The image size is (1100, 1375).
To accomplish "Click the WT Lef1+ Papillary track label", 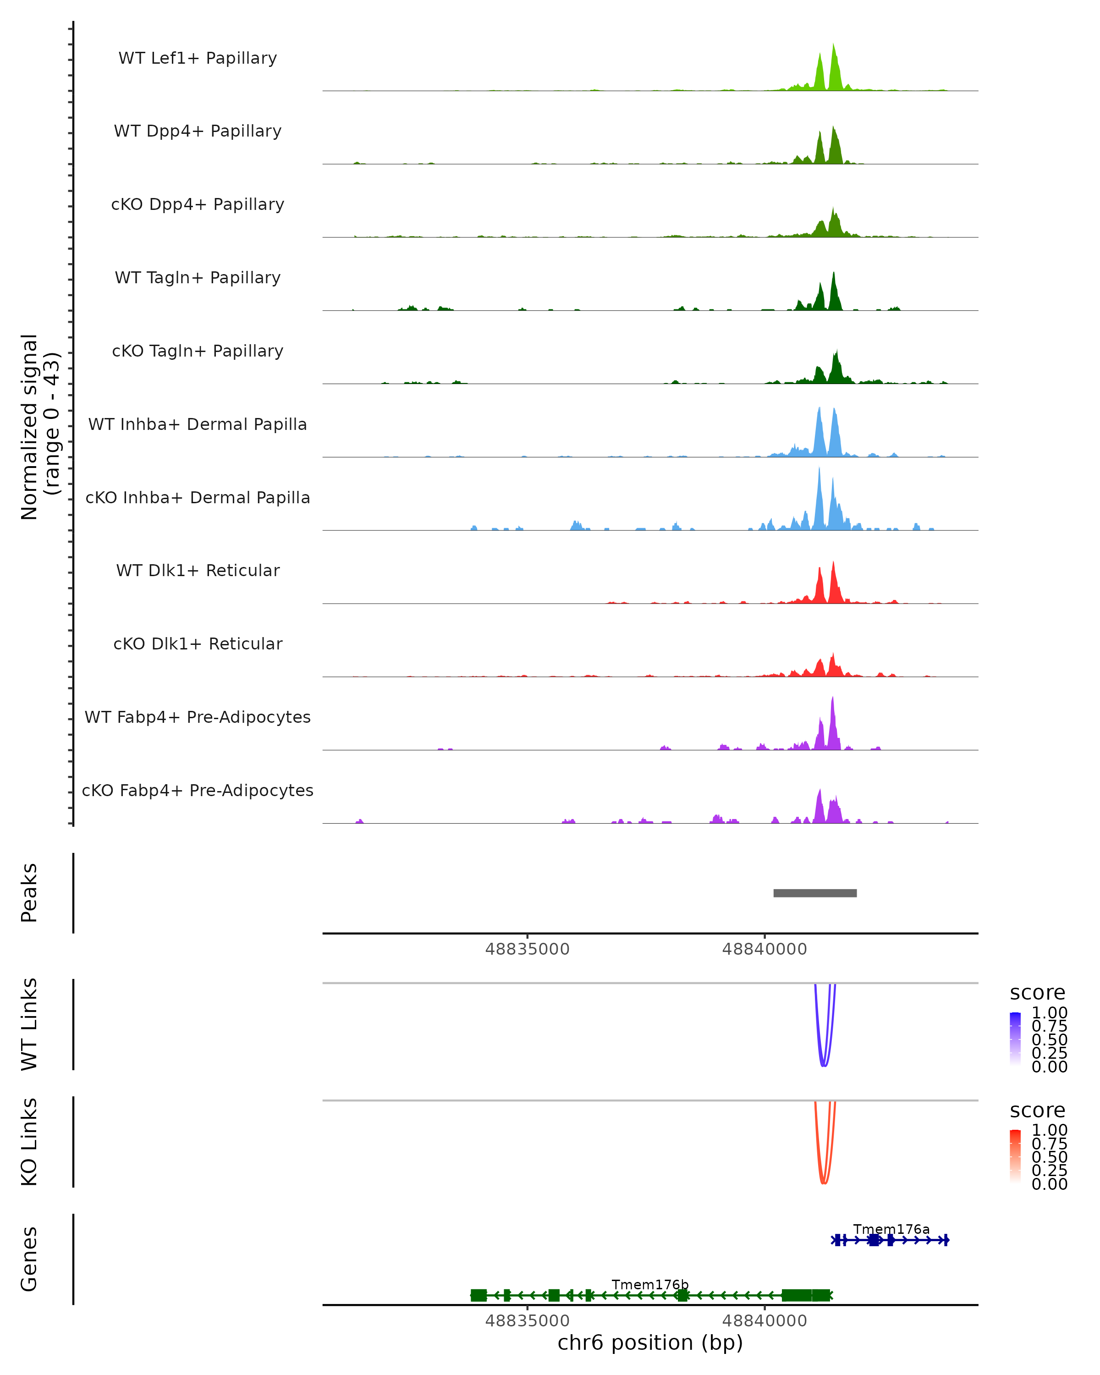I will point(198,58).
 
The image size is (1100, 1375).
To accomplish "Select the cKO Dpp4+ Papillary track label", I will point(198,205).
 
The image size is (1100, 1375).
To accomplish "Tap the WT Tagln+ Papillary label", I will point(198,278).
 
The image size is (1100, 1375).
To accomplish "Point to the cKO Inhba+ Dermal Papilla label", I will point(198,498).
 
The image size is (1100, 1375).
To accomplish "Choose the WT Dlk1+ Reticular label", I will point(198,571).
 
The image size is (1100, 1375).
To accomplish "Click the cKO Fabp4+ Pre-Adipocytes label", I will point(198,791).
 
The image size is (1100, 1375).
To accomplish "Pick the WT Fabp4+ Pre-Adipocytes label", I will point(198,717).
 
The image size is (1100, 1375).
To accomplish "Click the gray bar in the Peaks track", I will point(815,893).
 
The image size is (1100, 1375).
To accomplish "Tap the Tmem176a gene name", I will point(891,1229).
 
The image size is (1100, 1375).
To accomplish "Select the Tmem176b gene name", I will point(650,1284).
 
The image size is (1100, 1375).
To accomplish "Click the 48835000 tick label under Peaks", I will point(528,949).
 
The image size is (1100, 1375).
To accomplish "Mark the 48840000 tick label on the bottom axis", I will point(764,1320).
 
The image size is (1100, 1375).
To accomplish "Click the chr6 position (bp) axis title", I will point(650,1342).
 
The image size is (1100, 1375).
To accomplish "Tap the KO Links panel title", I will point(29,1142).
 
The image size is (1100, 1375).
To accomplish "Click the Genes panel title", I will point(29,1259).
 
